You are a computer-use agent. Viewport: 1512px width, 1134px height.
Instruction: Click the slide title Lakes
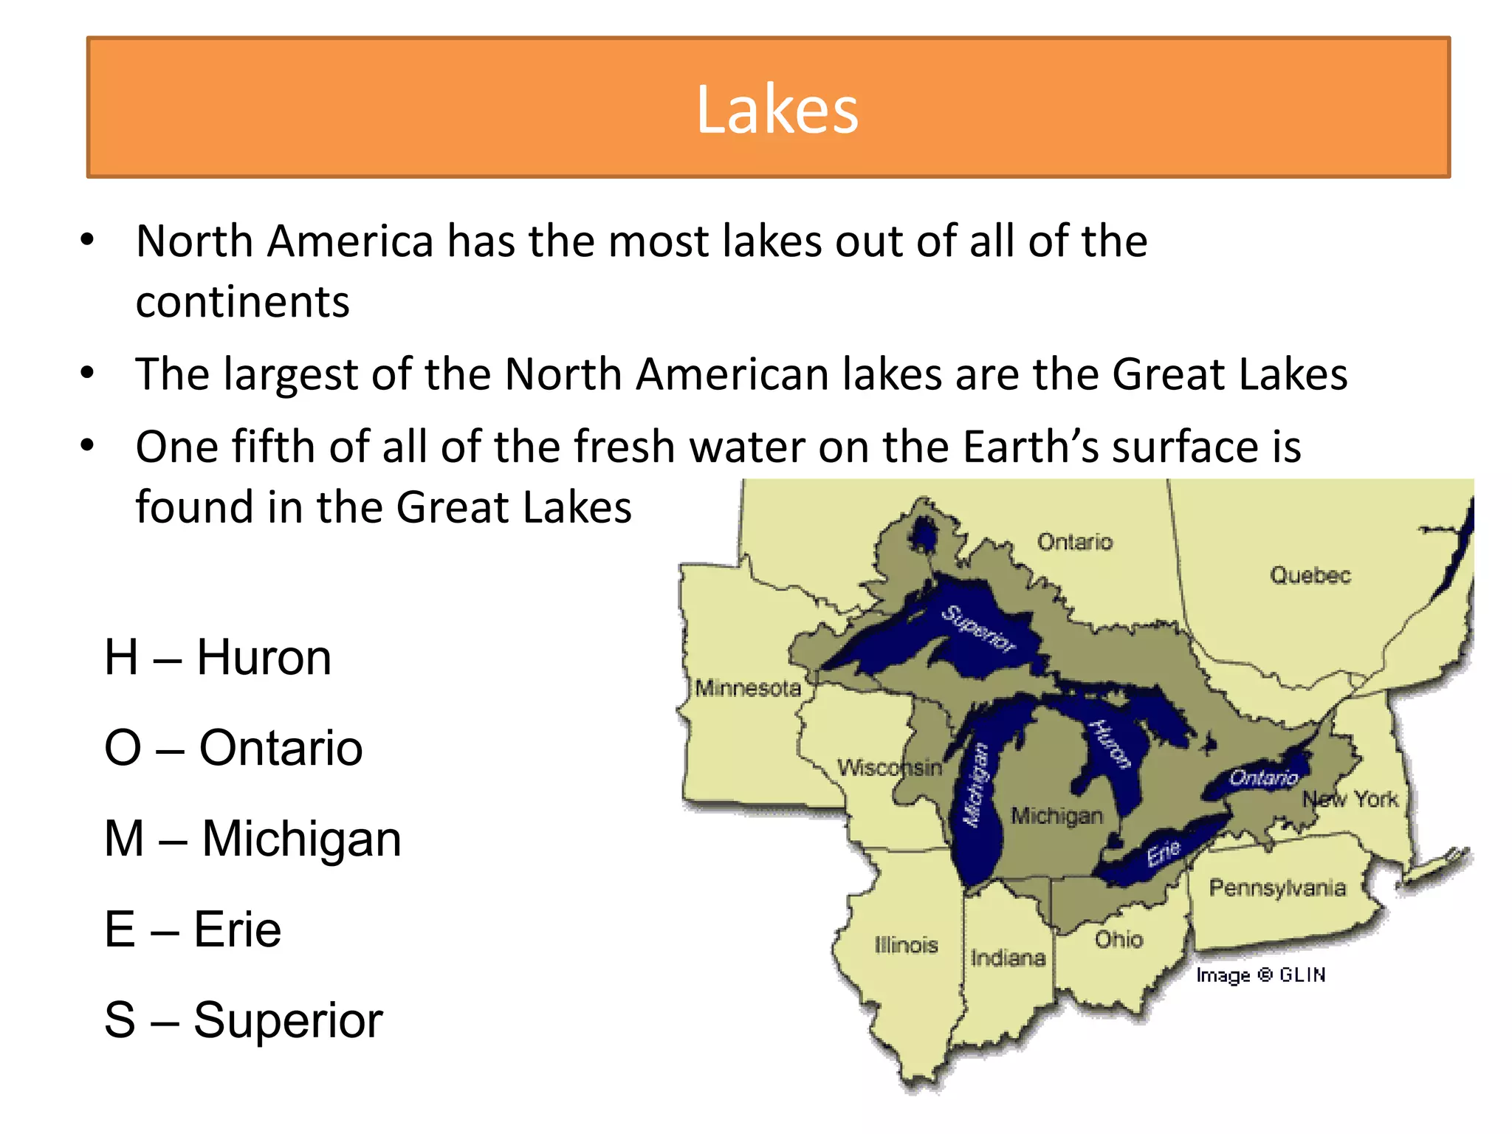click(777, 109)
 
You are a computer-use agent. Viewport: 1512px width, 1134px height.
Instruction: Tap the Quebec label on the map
click(1310, 575)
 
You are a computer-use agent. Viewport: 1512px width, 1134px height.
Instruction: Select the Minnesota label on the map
click(748, 688)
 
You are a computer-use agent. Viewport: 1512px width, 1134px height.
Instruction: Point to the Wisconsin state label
click(889, 768)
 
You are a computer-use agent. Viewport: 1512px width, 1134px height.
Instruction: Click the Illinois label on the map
click(906, 945)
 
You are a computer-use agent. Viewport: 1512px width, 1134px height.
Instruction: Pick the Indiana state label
click(1008, 958)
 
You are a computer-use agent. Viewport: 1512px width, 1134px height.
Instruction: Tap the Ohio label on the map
click(1118, 940)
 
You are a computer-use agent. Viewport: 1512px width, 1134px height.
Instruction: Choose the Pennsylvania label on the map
click(1277, 887)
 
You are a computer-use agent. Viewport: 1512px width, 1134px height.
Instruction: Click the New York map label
click(1350, 799)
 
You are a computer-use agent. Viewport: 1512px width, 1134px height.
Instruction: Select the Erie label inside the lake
click(1164, 853)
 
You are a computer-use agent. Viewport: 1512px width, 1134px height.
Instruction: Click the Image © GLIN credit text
click(1260, 975)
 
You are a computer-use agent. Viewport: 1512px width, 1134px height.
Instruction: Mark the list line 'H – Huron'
click(218, 657)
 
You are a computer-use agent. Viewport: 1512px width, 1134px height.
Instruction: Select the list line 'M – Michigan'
click(253, 839)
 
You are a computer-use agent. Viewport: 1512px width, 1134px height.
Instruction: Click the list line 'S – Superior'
click(244, 1020)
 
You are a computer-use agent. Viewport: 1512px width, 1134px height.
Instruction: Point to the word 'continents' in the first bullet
click(242, 302)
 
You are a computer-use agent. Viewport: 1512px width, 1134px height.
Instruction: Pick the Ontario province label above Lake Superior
click(1074, 542)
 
